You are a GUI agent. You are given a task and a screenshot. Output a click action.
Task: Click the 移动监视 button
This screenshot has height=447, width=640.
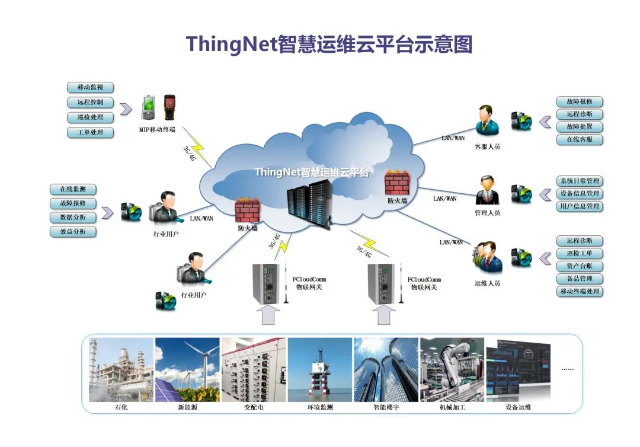[90, 88]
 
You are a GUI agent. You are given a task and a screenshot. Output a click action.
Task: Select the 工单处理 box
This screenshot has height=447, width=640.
[90, 132]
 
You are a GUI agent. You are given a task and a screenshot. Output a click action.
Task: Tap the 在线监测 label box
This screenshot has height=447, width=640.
[72, 190]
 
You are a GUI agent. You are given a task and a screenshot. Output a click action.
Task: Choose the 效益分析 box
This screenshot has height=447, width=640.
[72, 231]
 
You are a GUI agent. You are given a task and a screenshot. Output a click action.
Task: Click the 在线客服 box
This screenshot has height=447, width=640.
[580, 140]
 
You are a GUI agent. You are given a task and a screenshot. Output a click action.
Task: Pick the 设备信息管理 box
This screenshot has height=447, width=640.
[580, 194]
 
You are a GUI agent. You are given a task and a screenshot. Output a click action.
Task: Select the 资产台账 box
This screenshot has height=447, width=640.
[580, 266]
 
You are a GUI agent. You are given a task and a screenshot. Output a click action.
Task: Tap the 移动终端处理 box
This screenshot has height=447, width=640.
[580, 292]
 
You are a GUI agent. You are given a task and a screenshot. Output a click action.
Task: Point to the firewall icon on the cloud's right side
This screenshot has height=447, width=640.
[396, 183]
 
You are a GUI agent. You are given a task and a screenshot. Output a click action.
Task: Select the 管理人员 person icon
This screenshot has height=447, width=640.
[488, 190]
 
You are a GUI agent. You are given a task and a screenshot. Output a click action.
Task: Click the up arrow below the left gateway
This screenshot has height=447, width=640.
[268, 316]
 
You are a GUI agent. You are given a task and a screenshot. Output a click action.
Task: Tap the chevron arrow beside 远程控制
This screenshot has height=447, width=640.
[125, 109]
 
